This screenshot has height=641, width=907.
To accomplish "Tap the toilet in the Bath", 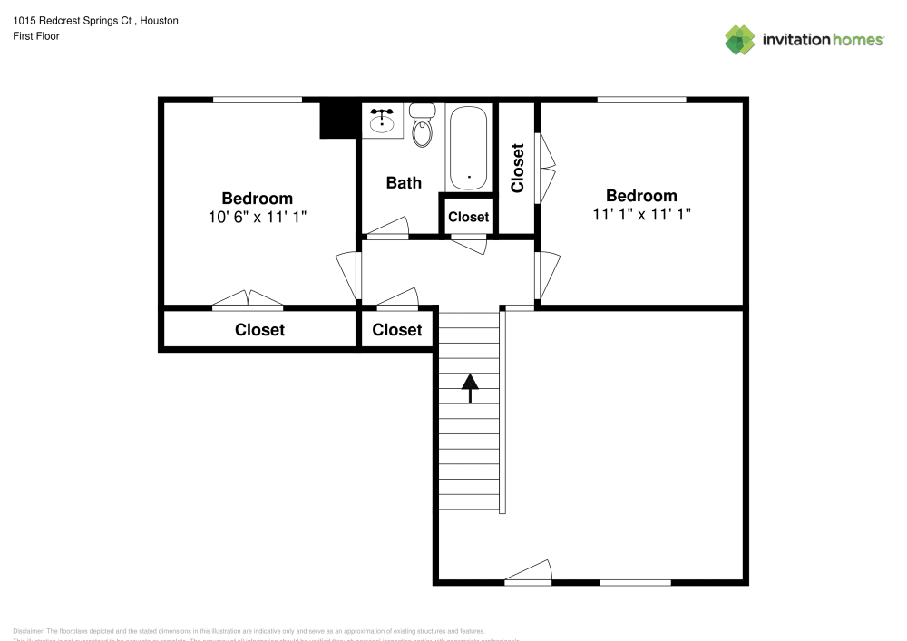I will click(422, 127).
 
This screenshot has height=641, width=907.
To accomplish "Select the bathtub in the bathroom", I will click(468, 146).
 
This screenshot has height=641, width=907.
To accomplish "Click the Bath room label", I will click(404, 182).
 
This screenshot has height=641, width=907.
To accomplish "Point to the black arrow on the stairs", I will click(470, 387).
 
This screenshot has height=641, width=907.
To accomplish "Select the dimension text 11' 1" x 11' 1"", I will click(641, 214).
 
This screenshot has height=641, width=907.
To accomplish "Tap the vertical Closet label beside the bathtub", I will click(518, 169).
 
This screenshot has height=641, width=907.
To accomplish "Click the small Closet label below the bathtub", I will click(468, 217).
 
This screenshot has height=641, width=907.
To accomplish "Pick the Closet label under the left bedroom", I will click(259, 330).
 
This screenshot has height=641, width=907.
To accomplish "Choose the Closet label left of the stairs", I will click(397, 330).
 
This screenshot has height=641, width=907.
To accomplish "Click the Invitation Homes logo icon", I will click(740, 39).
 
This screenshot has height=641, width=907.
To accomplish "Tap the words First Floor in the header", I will click(36, 36).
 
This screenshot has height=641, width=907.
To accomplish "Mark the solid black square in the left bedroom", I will click(337, 120).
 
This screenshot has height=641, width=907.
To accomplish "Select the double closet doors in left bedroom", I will click(248, 299).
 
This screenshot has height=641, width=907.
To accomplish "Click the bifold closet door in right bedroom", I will click(546, 169).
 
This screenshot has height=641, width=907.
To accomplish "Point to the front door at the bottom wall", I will click(529, 572).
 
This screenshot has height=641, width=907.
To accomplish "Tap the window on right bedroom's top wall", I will click(641, 99).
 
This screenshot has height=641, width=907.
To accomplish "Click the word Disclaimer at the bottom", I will click(28, 630).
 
